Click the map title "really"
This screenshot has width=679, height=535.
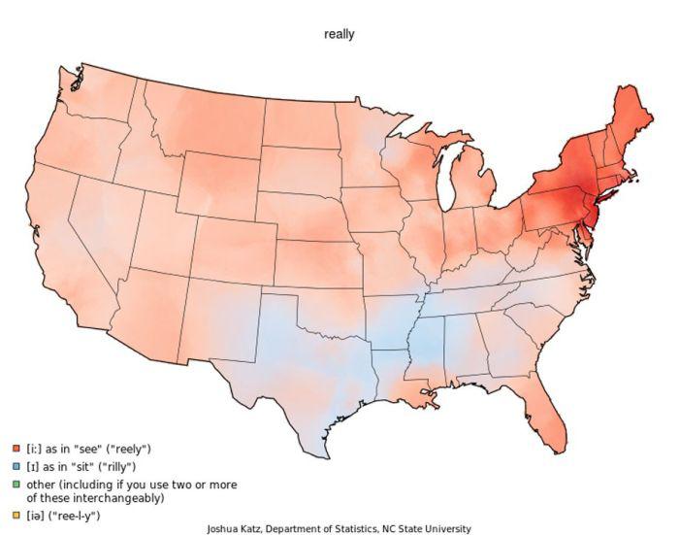(x=339, y=34)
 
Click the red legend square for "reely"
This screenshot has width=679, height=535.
(x=16, y=449)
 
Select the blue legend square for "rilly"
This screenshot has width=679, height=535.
(x=16, y=466)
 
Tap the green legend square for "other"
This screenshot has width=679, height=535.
(x=16, y=484)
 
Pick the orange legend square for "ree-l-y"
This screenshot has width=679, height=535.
(x=16, y=515)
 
